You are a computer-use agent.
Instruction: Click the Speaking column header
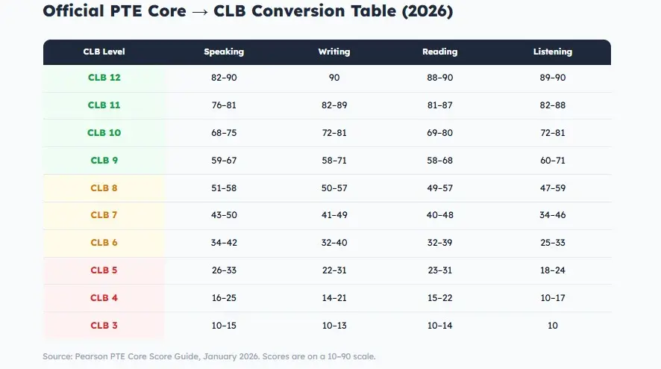224,52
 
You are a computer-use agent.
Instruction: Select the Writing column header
333,52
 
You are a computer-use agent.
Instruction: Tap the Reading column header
439,52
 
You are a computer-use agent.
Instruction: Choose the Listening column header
552,52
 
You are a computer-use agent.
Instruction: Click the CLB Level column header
104,52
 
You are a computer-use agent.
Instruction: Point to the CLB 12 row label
104,78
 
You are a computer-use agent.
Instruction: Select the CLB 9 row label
104,161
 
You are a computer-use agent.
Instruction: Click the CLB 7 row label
104,215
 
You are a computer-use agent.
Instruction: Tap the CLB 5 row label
104,270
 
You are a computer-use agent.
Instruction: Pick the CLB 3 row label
104,326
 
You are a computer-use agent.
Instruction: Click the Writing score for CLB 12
333,78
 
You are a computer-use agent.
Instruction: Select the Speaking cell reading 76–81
224,105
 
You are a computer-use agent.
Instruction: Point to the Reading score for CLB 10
439,133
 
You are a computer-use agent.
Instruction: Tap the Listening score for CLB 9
552,161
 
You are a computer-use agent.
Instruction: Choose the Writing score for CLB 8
333,188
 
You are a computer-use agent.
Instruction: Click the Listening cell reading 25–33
552,243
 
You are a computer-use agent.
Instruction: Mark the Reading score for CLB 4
439,298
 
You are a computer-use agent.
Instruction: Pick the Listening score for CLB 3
552,326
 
